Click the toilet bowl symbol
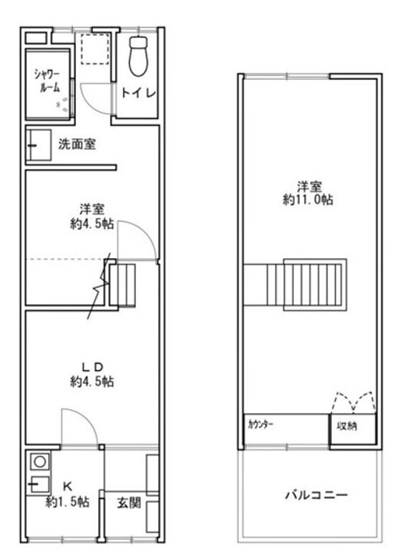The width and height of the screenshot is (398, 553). click(x=138, y=55)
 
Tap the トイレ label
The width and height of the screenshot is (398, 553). click(x=139, y=93)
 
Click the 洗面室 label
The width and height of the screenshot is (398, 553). click(x=77, y=144)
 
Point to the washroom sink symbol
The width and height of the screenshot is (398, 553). click(x=35, y=144)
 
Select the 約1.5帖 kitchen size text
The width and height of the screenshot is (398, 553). click(x=67, y=502)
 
